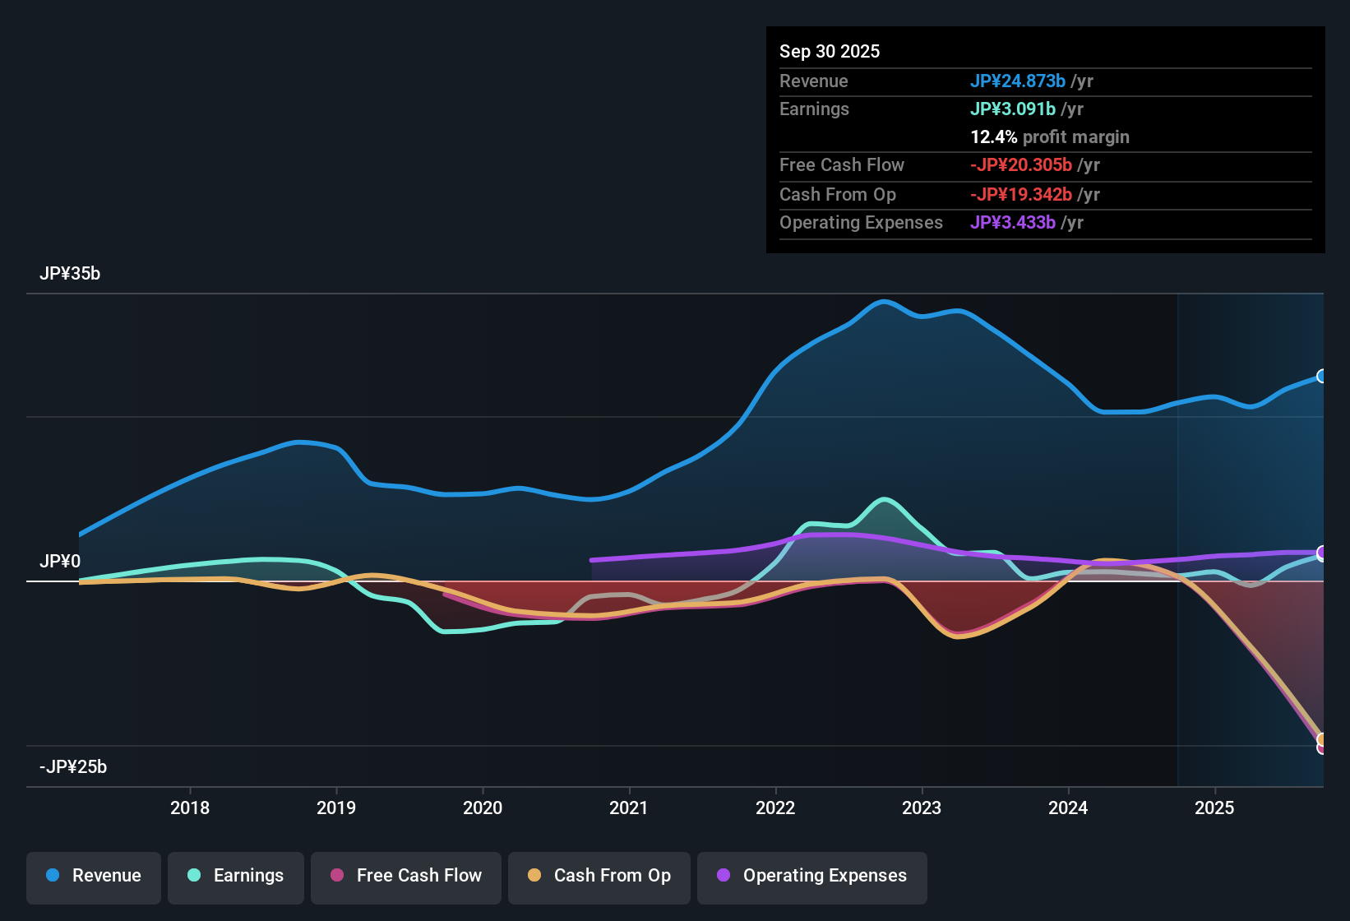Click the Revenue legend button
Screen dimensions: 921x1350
pyautogui.click(x=94, y=876)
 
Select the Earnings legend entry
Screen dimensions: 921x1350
pyautogui.click(x=236, y=876)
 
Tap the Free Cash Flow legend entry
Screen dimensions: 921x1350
pyautogui.click(x=406, y=876)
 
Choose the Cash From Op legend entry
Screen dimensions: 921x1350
pyautogui.click(x=599, y=876)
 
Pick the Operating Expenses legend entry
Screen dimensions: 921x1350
pyautogui.click(x=812, y=876)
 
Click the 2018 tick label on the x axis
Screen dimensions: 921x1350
pyautogui.click(x=190, y=808)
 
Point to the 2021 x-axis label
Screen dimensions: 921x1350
pyautogui.click(x=629, y=808)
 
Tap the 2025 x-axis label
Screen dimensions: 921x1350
pyautogui.click(x=1214, y=808)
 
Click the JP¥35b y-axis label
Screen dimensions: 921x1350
pyautogui.click(x=70, y=274)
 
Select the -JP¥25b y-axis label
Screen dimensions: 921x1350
pyautogui.click(x=73, y=767)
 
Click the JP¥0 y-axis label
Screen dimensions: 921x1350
pyautogui.click(x=60, y=562)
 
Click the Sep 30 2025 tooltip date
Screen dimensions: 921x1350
pyautogui.click(x=830, y=51)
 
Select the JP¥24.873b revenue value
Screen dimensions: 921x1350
pyautogui.click(x=1018, y=81)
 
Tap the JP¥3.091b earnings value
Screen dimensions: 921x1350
pyautogui.click(x=1013, y=109)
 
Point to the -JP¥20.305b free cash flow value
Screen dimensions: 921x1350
pyautogui.click(x=1021, y=164)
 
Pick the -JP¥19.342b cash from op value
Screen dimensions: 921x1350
pyautogui.click(x=1021, y=194)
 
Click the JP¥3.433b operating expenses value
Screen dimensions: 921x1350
pyautogui.click(x=1013, y=222)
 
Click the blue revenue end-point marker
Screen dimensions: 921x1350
pyautogui.click(x=1321, y=377)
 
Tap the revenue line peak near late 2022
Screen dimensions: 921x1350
pyautogui.click(x=884, y=302)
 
